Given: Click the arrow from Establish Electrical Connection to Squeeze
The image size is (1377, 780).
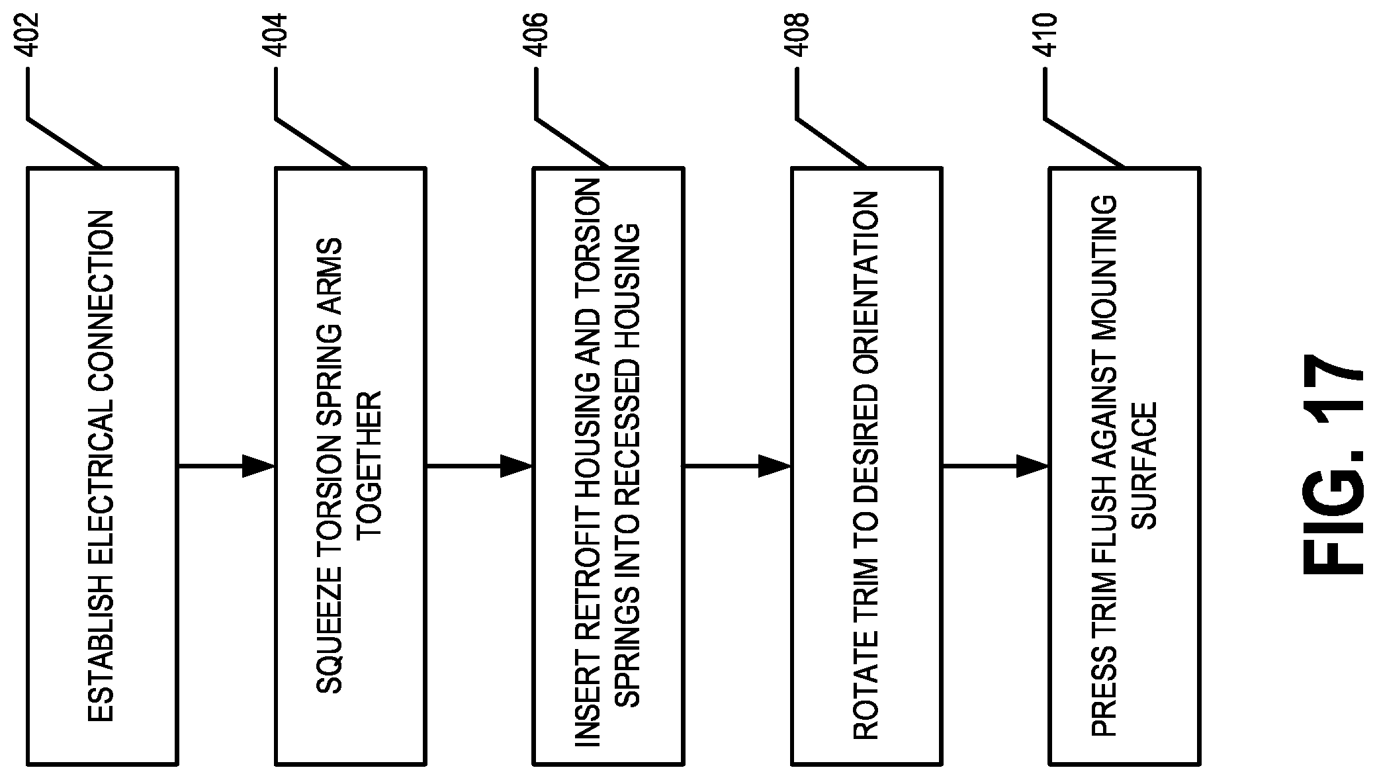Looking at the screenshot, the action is pos(226,466).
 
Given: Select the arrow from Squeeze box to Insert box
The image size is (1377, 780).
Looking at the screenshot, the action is pos(479,466).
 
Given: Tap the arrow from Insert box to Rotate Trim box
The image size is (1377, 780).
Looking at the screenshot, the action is pos(737,466).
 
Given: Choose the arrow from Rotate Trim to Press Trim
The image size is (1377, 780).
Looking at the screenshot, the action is pos(995,466).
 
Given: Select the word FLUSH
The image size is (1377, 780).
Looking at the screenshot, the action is pos(1104,529).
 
